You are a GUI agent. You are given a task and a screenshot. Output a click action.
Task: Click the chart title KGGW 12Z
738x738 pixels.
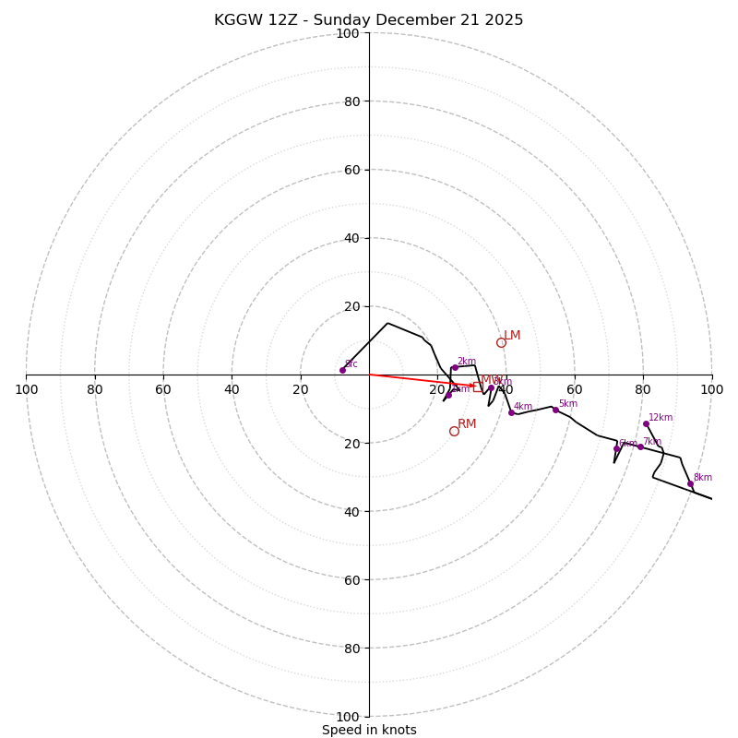pyautogui.click(x=368, y=20)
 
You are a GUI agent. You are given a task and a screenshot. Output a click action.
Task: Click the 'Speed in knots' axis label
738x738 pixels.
pyautogui.click(x=369, y=730)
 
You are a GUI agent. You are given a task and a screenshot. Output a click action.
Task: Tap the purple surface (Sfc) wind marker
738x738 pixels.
pyautogui.click(x=342, y=370)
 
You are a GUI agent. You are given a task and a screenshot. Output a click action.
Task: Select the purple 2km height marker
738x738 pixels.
pyautogui.click(x=455, y=367)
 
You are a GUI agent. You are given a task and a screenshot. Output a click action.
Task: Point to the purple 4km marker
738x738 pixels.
pyautogui.click(x=511, y=412)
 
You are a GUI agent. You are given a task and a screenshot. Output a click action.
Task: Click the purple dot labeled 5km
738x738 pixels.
pyautogui.click(x=555, y=410)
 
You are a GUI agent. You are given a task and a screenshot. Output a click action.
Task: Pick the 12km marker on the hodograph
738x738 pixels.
pyautogui.click(x=646, y=423)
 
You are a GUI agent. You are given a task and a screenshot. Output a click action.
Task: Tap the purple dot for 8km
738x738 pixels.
pyautogui.click(x=690, y=483)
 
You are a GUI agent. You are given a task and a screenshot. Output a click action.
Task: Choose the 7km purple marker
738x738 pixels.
pyautogui.click(x=640, y=446)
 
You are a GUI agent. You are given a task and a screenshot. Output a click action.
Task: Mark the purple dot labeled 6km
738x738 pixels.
pyautogui.click(x=617, y=449)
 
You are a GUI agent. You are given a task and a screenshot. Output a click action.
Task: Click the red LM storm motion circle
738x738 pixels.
pyautogui.click(x=501, y=342)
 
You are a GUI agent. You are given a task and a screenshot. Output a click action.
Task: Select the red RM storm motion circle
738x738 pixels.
pyautogui.click(x=454, y=431)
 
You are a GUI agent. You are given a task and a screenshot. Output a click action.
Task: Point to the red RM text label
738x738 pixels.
pyautogui.click(x=467, y=424)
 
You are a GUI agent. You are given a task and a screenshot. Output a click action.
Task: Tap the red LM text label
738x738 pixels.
pyautogui.click(x=512, y=336)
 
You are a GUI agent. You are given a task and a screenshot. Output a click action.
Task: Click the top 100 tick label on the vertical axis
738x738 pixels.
pyautogui.click(x=347, y=33)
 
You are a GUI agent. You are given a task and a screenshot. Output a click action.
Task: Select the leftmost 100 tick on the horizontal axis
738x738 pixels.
pyautogui.click(x=26, y=389)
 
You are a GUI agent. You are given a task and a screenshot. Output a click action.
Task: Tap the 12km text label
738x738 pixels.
pyautogui.click(x=661, y=418)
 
